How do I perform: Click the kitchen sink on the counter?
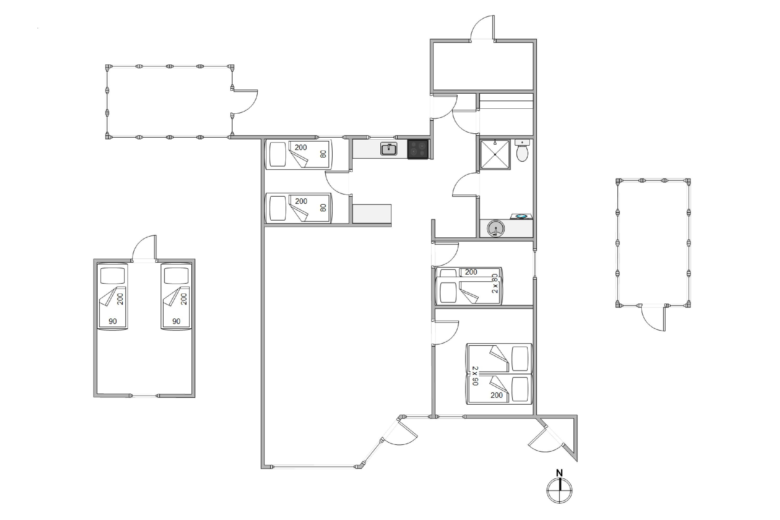click(x=389, y=149)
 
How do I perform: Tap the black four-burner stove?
click(x=418, y=149)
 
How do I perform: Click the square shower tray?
click(x=495, y=154)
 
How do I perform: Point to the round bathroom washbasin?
click(x=496, y=229)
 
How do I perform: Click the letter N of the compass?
click(x=560, y=473)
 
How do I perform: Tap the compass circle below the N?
click(x=560, y=490)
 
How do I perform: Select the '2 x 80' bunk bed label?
click(x=495, y=283)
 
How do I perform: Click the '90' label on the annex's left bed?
click(x=113, y=321)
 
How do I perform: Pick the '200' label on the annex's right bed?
click(x=184, y=299)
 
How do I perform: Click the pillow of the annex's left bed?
click(x=112, y=276)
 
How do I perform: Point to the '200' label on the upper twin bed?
click(x=301, y=147)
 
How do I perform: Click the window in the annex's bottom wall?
click(x=144, y=396)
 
